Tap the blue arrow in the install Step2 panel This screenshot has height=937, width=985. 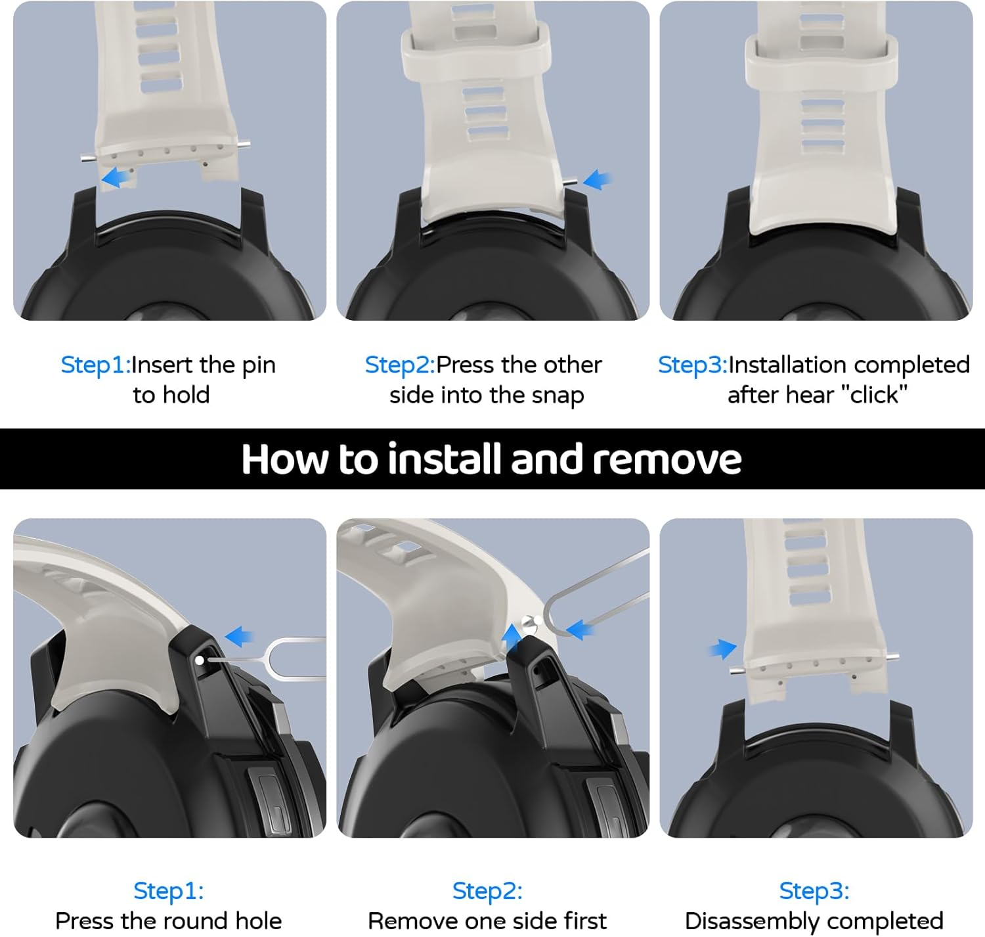pos(598,179)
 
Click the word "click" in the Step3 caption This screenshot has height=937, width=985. pos(874,394)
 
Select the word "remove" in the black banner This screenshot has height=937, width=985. pos(667,459)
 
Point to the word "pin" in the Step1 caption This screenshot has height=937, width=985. pos(259,366)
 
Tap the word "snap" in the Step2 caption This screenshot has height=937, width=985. pos(558,396)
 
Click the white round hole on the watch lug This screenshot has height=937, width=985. pos(200,660)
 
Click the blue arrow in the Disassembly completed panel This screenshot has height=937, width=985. pos(722,649)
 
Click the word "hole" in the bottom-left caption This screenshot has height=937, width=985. pos(259,921)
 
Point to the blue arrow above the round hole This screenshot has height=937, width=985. pos(239,637)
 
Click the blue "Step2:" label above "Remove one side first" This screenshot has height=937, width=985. pos(487,891)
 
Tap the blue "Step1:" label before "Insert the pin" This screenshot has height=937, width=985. pos(96,365)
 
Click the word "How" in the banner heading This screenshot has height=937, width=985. pos(284,459)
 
